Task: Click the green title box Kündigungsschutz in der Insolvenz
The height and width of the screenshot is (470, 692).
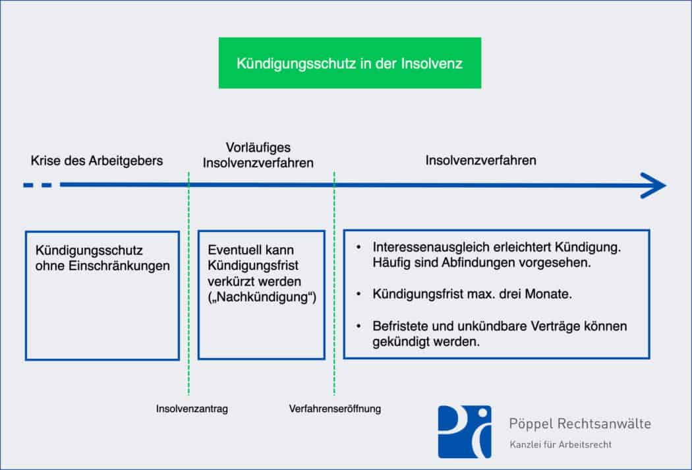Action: click(349, 63)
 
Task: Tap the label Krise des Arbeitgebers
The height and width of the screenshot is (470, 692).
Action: click(97, 161)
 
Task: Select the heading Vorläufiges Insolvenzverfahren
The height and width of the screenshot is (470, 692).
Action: click(258, 155)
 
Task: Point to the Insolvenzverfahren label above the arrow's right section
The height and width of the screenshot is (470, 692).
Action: click(480, 160)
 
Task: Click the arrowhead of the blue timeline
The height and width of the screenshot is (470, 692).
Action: click(655, 185)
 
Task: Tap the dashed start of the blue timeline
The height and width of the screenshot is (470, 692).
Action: click(38, 185)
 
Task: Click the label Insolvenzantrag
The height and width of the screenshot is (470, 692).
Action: click(192, 409)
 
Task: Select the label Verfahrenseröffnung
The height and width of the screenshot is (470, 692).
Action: click(335, 409)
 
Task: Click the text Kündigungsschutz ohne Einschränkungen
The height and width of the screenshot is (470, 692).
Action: click(102, 258)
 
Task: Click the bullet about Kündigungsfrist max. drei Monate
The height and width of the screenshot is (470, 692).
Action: click(472, 294)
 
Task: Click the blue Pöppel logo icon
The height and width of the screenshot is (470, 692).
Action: click(464, 432)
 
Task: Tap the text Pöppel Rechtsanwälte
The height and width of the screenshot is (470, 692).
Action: click(580, 424)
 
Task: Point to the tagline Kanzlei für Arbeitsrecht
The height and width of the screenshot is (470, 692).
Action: click(560, 444)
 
